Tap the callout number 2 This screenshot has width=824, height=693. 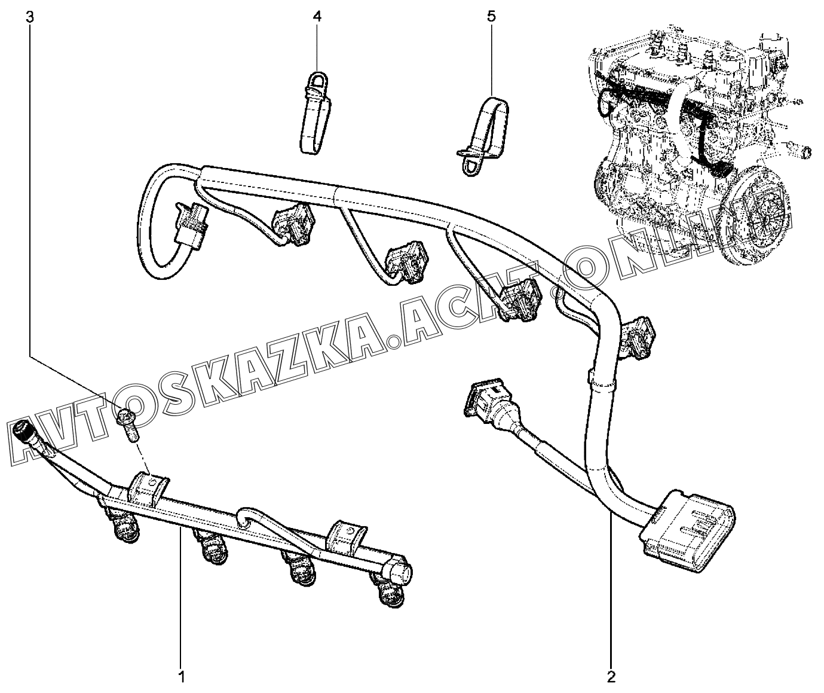611,677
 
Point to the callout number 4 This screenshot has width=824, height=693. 317,17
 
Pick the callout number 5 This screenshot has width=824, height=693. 491,17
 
